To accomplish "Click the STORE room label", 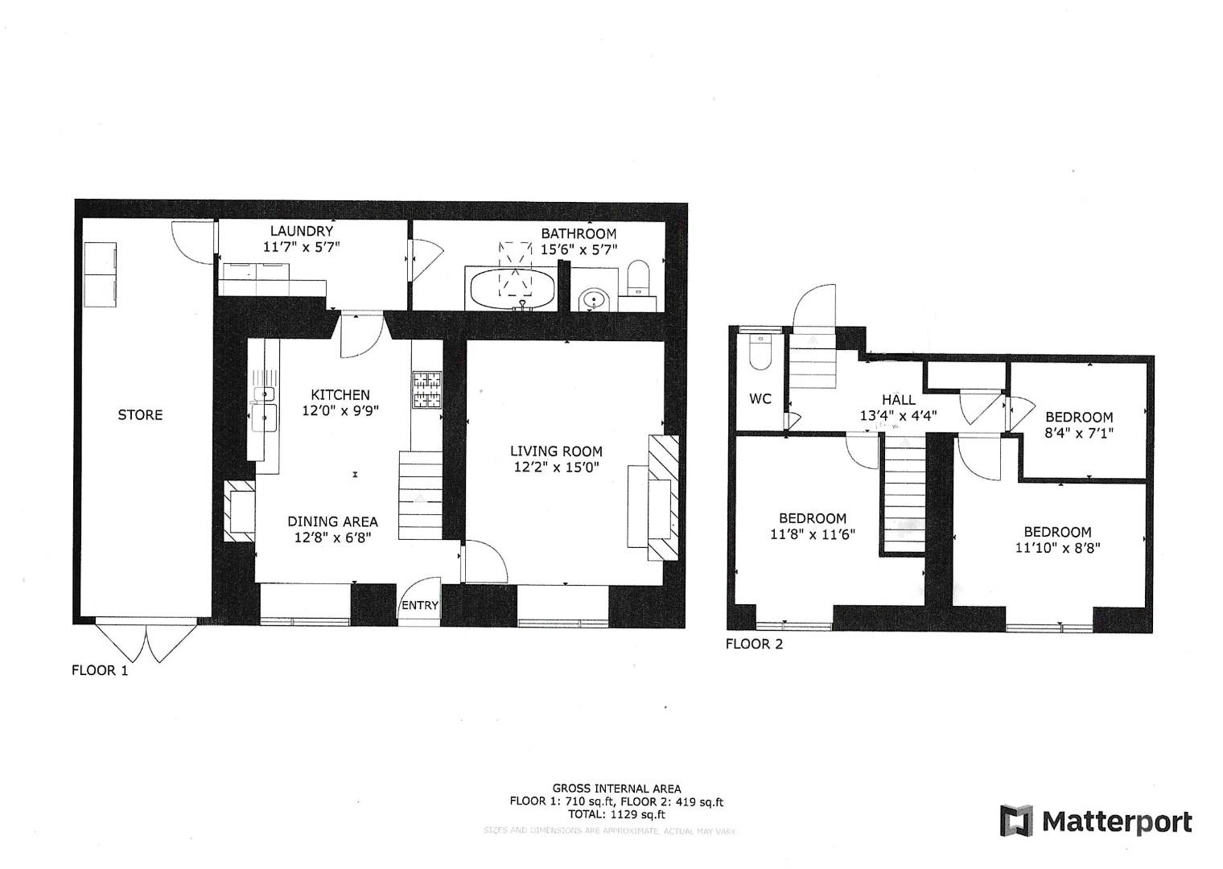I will (140, 415).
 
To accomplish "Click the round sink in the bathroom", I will (595, 301).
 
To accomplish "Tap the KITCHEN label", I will (340, 395).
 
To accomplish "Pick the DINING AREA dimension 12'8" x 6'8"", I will (333, 537).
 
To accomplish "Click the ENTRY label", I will (420, 606).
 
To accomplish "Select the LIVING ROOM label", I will (555, 451).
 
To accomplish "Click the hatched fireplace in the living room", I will (664, 496).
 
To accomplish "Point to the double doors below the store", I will (146, 641).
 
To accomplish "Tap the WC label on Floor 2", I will (760, 399).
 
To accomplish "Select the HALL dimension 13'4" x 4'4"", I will (899, 416).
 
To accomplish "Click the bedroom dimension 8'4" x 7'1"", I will (1079, 433).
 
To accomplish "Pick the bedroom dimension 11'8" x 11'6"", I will (812, 534).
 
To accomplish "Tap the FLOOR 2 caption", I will (754, 644).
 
